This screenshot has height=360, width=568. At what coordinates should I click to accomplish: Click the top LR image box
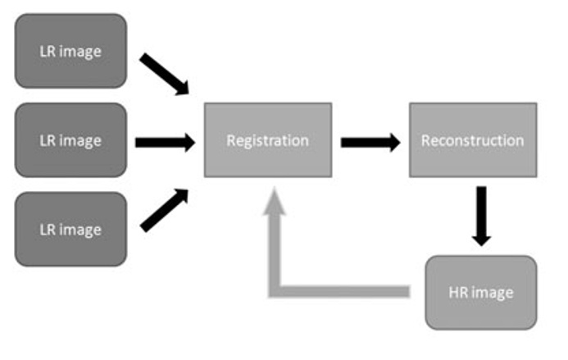click(x=70, y=51)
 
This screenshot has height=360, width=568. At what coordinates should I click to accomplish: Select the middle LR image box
click(x=70, y=140)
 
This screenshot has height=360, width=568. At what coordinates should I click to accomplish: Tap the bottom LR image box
click(x=70, y=229)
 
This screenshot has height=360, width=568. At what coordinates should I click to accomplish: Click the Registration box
click(x=267, y=140)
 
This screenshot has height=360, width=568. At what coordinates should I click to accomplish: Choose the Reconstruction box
click(x=472, y=140)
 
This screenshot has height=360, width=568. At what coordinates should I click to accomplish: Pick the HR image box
click(x=480, y=293)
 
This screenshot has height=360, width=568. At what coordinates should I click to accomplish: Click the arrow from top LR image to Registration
click(x=165, y=74)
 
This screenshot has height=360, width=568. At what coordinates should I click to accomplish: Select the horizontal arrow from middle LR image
click(x=165, y=143)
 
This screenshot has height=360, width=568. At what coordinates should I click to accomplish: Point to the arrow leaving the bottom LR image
click(x=165, y=210)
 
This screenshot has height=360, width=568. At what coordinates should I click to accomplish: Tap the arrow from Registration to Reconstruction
click(x=370, y=143)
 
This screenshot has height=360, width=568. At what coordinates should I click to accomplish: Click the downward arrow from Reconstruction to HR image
click(x=481, y=215)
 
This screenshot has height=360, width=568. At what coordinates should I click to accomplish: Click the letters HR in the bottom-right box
click(x=459, y=293)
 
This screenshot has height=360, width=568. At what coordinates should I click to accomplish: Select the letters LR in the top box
click(x=48, y=51)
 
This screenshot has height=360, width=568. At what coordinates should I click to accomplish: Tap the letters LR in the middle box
click(x=48, y=140)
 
